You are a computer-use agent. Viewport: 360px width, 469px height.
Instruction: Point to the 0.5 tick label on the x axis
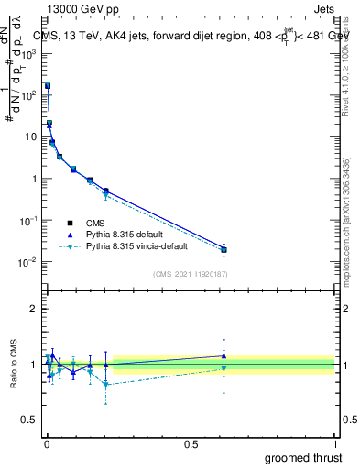coord(191,442)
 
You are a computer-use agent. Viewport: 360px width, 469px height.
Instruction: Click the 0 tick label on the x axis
coord(47,442)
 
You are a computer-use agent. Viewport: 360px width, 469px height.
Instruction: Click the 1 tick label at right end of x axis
coord(334,442)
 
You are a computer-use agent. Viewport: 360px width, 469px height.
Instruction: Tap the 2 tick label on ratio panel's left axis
coord(34,309)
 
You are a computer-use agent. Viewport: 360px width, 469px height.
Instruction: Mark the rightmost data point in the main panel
coord(224,249)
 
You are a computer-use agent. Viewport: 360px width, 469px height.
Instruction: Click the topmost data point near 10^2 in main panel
coord(48,85)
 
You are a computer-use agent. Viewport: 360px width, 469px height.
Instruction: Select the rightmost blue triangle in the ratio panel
coord(224,356)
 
